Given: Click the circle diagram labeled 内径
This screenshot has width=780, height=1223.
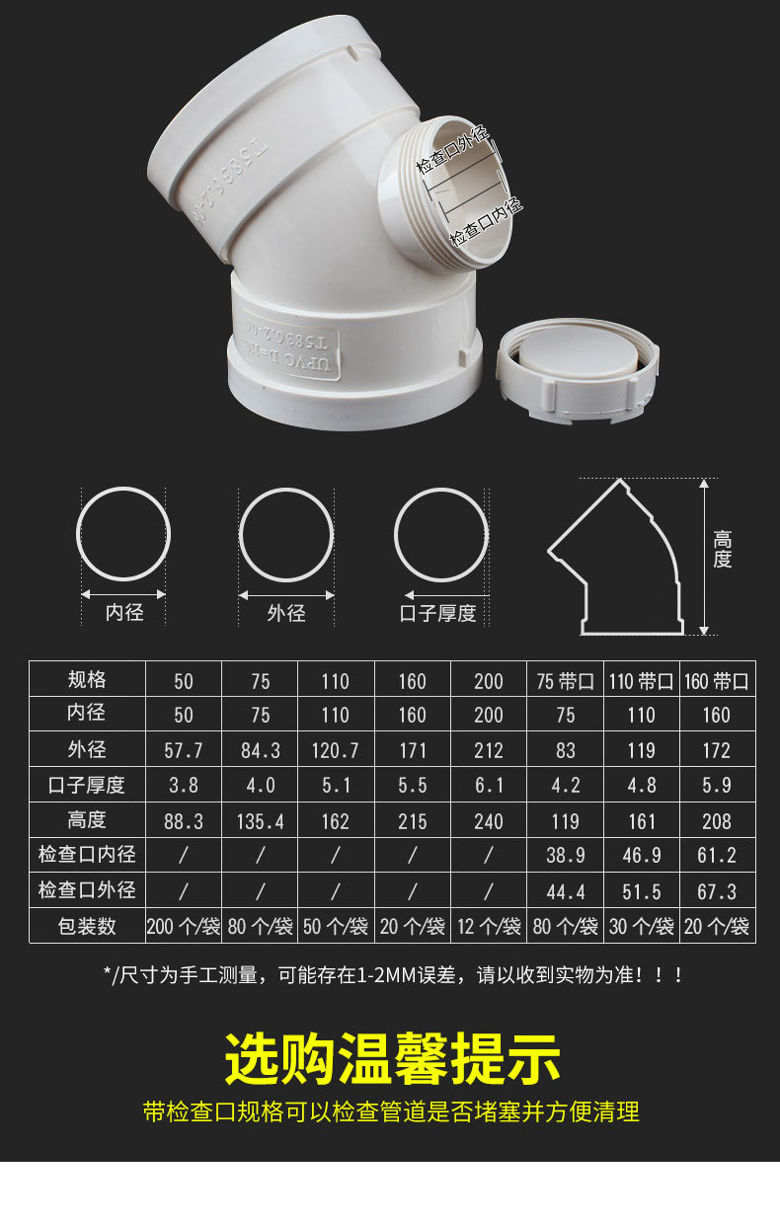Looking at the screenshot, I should [x=124, y=534].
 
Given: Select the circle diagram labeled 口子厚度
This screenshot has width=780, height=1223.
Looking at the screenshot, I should [x=441, y=534].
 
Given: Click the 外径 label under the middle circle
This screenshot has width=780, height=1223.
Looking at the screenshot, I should [x=285, y=613].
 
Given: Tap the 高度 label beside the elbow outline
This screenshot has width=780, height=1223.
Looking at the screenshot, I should [x=723, y=550].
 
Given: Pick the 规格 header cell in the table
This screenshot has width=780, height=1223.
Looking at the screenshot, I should [x=87, y=680].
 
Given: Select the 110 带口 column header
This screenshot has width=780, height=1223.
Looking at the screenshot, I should [x=641, y=681].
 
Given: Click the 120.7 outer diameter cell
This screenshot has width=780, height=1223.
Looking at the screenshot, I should [x=336, y=751].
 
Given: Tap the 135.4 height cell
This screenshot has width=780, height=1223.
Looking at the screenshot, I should [x=260, y=821].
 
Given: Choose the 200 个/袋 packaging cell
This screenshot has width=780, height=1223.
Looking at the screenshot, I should [x=184, y=927].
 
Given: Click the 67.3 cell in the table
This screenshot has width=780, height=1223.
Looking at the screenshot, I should [x=717, y=892].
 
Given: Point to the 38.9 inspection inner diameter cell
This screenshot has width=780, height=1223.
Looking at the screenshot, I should [x=565, y=857].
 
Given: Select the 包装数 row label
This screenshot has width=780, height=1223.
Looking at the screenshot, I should [x=87, y=927].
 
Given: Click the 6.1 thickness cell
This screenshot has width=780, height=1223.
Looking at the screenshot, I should [x=488, y=787].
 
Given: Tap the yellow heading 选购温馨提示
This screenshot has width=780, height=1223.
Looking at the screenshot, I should [x=392, y=1059].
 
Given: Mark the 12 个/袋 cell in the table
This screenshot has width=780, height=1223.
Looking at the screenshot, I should [x=488, y=927].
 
